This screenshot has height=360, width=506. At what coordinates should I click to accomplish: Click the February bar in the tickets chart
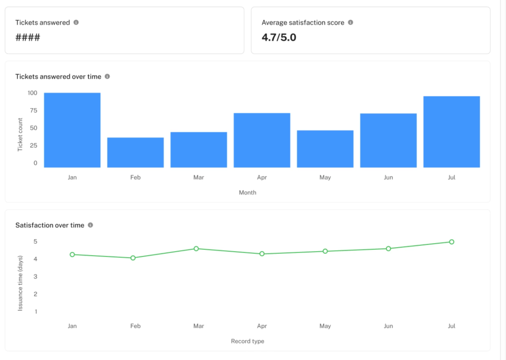click(x=135, y=152)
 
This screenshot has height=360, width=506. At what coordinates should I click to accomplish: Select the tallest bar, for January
click(x=72, y=130)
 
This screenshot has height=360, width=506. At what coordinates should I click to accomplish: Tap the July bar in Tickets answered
click(x=452, y=132)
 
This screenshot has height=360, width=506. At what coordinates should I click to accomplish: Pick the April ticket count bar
click(x=262, y=140)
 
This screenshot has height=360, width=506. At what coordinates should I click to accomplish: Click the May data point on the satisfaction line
click(x=325, y=251)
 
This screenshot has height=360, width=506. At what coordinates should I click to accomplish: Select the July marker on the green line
click(x=452, y=242)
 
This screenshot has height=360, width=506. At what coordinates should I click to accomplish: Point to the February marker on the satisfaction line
click(x=133, y=258)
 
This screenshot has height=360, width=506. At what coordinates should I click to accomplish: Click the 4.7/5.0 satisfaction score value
click(x=279, y=37)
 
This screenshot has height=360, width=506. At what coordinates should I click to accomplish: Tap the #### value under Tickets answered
click(x=28, y=38)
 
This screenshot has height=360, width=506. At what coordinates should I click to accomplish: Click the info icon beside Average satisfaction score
click(x=350, y=22)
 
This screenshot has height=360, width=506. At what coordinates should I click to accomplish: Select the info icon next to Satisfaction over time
click(x=90, y=225)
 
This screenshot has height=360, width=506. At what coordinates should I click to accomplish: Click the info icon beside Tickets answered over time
click(x=107, y=77)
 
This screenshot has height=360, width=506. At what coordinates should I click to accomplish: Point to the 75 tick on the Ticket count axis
click(x=33, y=111)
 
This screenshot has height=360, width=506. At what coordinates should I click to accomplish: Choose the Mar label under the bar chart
click(x=199, y=178)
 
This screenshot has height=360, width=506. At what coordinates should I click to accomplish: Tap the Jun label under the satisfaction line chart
click(x=388, y=326)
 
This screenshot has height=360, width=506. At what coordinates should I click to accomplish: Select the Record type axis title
click(x=248, y=341)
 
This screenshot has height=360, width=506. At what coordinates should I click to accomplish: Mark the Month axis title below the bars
click(x=248, y=192)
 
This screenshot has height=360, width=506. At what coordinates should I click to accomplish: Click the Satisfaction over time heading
click(x=50, y=225)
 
